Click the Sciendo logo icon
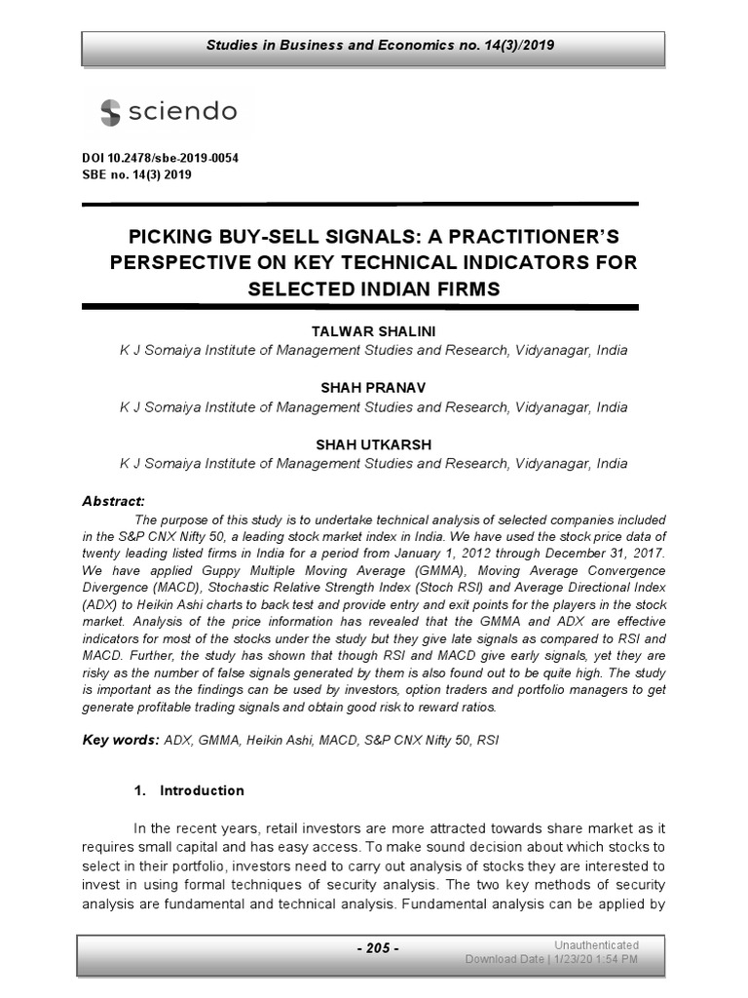[110, 112]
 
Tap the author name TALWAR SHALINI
[373, 331]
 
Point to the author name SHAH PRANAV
[373, 388]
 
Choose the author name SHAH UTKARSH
[373, 444]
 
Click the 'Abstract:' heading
[113, 501]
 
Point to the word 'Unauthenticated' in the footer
[596, 944]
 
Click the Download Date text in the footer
[551, 959]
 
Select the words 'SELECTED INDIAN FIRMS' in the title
[373, 288]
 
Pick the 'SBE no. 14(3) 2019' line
[136, 175]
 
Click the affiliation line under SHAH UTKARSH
[373, 464]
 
